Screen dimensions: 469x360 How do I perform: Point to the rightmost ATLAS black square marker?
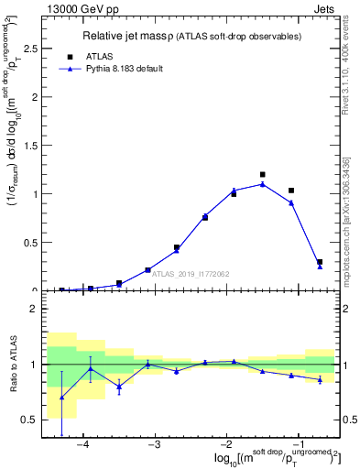tap(320, 262)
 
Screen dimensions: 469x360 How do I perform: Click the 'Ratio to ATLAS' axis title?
tap(12, 364)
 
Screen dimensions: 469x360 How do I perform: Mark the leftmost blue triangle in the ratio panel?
tap(61, 398)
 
